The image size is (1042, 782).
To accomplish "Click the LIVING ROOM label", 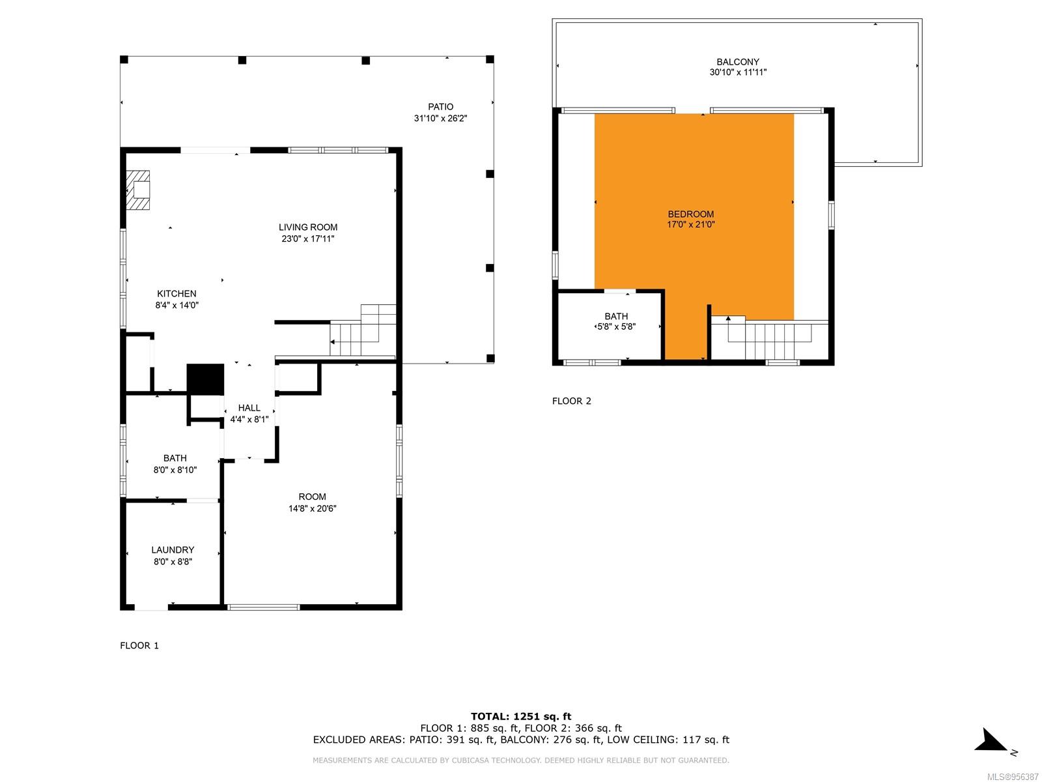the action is click(307, 227).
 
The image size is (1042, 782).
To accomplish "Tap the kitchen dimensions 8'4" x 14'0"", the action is click(176, 305).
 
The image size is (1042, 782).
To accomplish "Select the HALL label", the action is click(249, 408).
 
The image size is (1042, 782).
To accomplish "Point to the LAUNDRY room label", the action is click(173, 550).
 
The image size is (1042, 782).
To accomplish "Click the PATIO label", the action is click(440, 107).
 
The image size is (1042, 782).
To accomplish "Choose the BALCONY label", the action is click(738, 62).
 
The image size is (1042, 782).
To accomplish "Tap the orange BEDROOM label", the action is click(691, 214).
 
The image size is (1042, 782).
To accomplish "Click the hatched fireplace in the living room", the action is click(138, 190).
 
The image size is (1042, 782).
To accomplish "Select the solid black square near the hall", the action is click(205, 379).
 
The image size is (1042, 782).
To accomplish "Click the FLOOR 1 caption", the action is click(139, 645).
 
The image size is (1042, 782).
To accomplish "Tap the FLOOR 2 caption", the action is click(572, 401).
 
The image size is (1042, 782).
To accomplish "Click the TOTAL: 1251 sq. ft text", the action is click(521, 716).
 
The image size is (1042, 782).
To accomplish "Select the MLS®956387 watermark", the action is click(1013, 777).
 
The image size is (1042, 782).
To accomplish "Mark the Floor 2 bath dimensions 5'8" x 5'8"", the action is click(616, 326).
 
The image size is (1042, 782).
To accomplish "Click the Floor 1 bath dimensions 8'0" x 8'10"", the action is click(175, 470).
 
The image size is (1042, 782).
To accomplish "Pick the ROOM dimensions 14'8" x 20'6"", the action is click(313, 508).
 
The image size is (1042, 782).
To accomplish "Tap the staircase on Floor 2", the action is click(769, 338).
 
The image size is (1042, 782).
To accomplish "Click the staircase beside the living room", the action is click(363, 330).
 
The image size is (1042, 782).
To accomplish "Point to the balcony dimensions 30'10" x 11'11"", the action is click(738, 72).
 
